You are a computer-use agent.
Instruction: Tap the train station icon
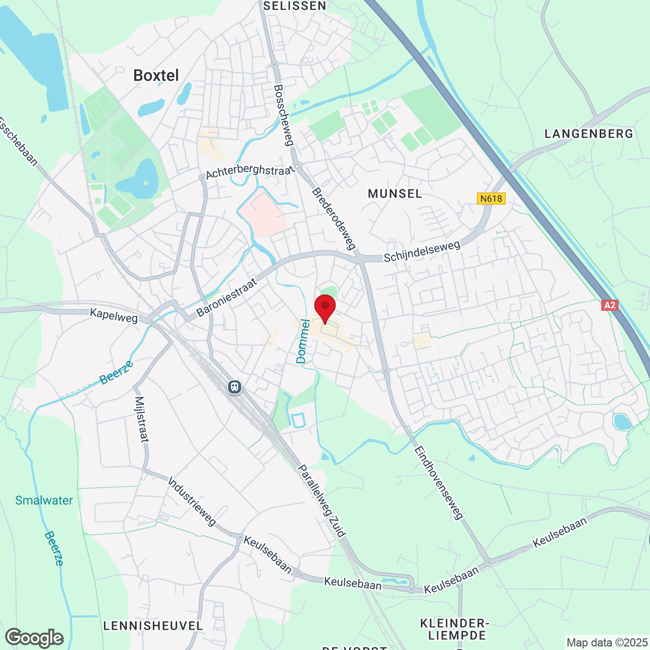click(234, 387)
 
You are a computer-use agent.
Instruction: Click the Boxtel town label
click(156, 76)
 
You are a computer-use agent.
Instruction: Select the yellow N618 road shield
click(491, 199)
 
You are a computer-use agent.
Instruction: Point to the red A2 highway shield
click(609, 305)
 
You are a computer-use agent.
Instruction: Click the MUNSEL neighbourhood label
click(395, 193)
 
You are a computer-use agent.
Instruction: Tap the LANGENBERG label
click(589, 134)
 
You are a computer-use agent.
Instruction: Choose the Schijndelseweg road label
click(422, 251)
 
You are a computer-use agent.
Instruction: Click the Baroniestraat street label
click(226, 298)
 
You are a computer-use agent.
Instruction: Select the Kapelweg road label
click(114, 315)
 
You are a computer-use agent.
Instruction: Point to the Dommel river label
click(303, 341)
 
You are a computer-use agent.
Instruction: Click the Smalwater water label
click(44, 500)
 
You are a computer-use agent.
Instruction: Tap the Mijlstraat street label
click(141, 419)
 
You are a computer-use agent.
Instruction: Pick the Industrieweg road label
click(192, 501)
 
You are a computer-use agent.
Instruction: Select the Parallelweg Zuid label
click(321, 500)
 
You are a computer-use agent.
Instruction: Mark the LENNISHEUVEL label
click(153, 626)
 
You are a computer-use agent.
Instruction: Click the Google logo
click(35, 638)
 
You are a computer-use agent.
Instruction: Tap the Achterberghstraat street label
click(250, 171)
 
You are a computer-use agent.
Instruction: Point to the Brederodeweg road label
click(333, 219)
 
